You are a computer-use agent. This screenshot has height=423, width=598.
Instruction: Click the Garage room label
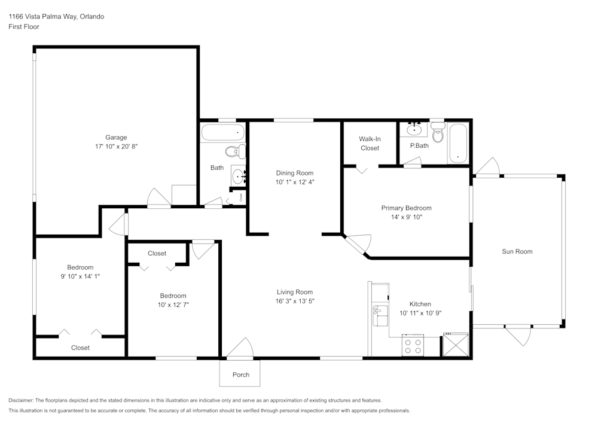pos(116,137)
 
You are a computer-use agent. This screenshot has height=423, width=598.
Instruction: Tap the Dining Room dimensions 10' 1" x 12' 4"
pos(294,182)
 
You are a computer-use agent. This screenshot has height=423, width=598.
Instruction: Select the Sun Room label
pos(517,251)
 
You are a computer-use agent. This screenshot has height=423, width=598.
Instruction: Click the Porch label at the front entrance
pos(241,375)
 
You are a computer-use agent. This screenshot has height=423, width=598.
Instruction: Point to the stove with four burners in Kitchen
pos(412,346)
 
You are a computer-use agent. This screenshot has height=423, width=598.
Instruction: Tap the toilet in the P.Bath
pos(438,134)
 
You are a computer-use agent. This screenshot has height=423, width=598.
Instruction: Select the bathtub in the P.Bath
pos(459,143)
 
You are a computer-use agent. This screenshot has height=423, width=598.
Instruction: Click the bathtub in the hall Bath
pos(223,132)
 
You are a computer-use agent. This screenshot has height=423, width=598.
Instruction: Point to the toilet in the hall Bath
pos(235,151)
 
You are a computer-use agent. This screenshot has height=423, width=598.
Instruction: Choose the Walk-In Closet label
pos(370,144)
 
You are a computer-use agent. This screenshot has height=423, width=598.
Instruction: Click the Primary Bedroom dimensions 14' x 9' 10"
pos(406,217)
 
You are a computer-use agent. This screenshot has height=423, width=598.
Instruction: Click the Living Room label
pos(295,292)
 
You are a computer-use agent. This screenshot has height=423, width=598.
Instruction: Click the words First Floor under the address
pos(24,27)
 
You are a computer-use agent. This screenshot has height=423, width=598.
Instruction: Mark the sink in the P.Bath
pos(414,129)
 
